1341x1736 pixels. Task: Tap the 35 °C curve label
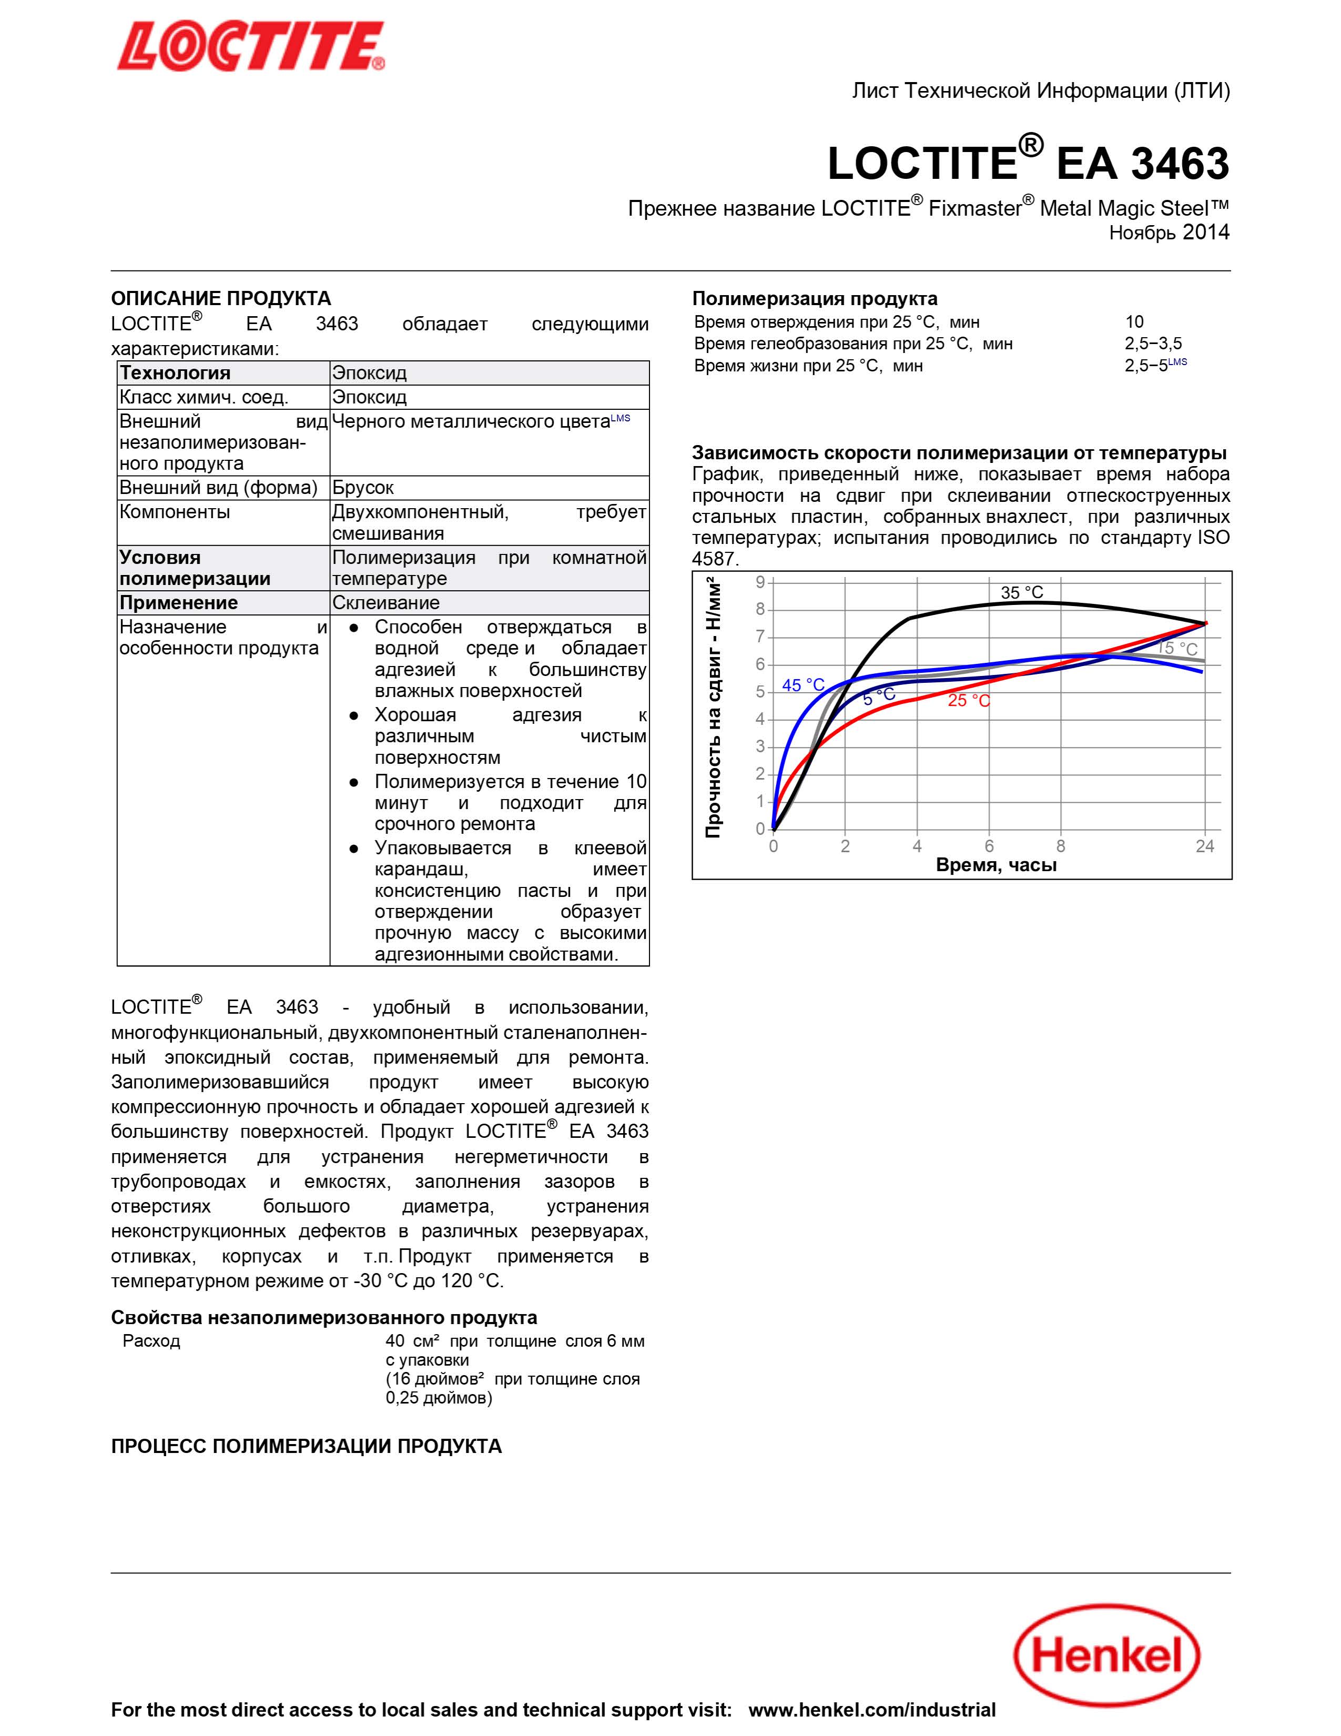1022,592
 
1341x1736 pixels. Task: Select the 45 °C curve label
803,684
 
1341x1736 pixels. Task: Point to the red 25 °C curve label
968,700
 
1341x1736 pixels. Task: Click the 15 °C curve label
1177,649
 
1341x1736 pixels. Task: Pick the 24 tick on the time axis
1204,846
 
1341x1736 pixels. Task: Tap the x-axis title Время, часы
996,865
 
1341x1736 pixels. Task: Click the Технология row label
175,373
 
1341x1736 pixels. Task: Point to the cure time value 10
1134,322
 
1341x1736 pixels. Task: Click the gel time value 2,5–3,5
1153,344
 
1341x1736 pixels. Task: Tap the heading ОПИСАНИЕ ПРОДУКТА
221,298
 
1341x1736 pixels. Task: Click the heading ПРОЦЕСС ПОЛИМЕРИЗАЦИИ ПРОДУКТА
306,1446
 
